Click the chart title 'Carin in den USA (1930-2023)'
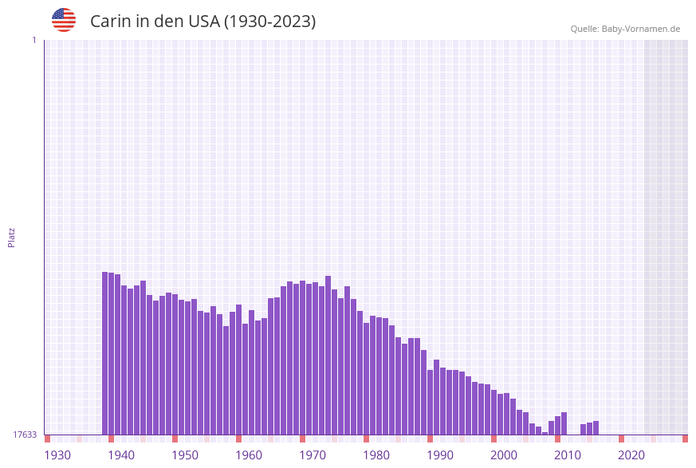(x=203, y=22)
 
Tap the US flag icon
(x=64, y=20)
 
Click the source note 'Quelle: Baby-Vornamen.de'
(x=625, y=29)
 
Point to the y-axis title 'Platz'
(x=12, y=237)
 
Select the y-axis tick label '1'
(x=34, y=40)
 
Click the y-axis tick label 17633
(x=24, y=435)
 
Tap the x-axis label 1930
(x=57, y=455)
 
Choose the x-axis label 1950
(x=185, y=455)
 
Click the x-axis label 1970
(x=313, y=455)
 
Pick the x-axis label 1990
(x=440, y=455)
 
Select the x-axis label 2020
(x=631, y=455)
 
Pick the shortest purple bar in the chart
(x=545, y=433)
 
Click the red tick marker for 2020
(x=622, y=439)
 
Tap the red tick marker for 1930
(x=48, y=439)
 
